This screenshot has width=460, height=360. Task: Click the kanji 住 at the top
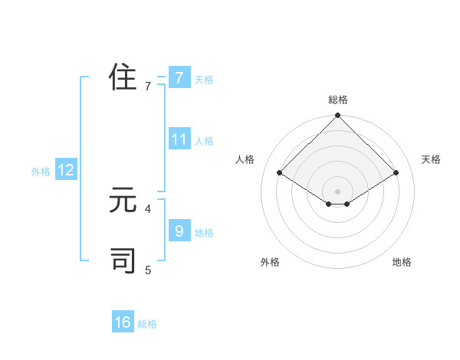point(123,78)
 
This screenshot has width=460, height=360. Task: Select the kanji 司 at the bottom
point(123,260)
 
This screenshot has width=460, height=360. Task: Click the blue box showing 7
point(179,78)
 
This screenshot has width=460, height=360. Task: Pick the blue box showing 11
point(179,139)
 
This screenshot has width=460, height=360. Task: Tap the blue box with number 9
point(179,231)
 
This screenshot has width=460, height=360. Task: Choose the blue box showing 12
point(66,170)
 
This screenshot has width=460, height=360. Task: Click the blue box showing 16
point(123,322)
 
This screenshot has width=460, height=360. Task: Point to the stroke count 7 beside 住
point(148,87)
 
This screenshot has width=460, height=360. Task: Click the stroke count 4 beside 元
point(148,208)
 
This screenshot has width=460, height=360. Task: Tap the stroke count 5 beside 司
point(148,269)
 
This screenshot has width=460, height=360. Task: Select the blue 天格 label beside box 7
point(204,80)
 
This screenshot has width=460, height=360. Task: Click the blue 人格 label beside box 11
point(204,141)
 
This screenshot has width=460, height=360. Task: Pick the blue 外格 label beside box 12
point(41,172)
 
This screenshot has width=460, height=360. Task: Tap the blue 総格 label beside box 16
point(147,324)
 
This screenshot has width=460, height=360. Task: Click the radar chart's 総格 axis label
point(338,100)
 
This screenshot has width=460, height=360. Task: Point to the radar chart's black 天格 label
point(432,159)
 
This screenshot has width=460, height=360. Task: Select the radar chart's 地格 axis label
point(402,262)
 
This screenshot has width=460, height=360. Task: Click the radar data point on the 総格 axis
point(338,116)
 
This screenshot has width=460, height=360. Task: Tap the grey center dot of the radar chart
point(338,191)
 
